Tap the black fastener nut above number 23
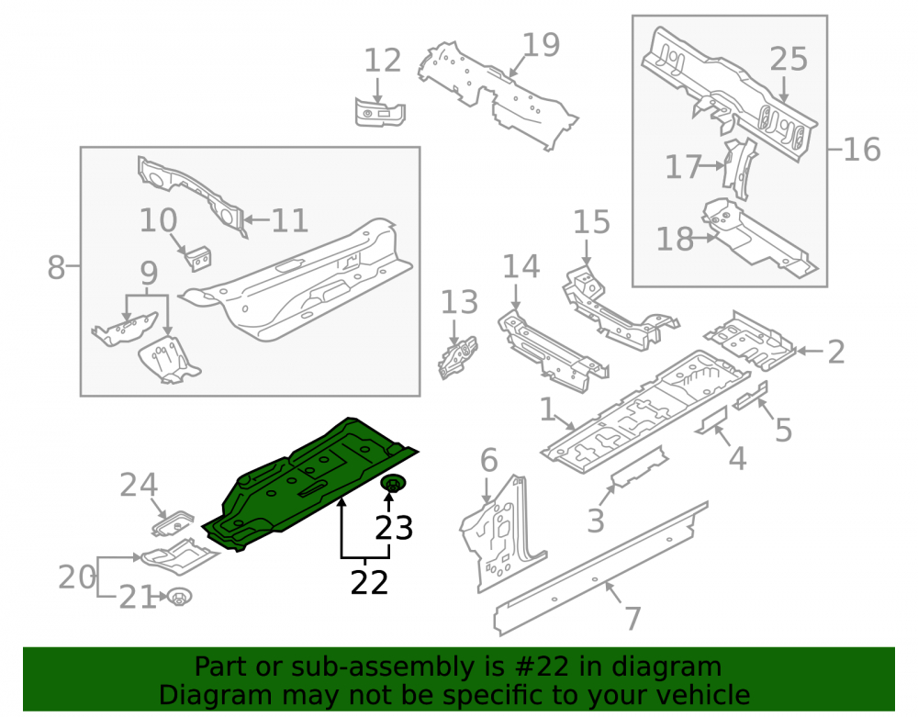393,485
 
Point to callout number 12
382,61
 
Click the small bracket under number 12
380,112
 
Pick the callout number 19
541,44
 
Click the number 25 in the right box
789,59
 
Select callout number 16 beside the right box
862,150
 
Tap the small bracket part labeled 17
739,169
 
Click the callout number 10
158,220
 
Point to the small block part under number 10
198,259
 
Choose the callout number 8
56,267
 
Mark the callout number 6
489,460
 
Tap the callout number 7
633,618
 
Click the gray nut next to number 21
179,598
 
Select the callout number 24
139,485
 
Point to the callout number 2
836,352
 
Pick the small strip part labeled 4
711,420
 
